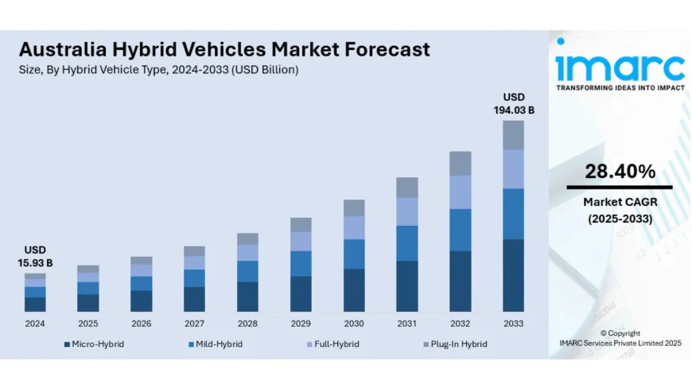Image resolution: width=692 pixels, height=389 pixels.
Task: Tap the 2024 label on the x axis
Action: (x=35, y=324)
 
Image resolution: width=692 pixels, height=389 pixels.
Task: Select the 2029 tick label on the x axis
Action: (x=301, y=324)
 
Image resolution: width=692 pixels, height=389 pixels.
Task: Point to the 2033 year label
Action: (x=514, y=324)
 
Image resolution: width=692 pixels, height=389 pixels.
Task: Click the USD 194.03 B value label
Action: (x=514, y=103)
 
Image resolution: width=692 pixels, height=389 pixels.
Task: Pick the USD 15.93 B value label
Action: (x=35, y=256)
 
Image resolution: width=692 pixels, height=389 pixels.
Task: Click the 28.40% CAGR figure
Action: (x=620, y=171)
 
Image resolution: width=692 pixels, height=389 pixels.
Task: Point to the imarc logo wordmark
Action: (x=620, y=65)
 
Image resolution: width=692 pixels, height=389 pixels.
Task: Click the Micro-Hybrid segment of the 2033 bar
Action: (x=514, y=275)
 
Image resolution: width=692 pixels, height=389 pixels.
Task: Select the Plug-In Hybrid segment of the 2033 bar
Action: (x=514, y=134)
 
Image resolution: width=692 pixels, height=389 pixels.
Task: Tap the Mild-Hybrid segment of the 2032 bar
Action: (x=461, y=230)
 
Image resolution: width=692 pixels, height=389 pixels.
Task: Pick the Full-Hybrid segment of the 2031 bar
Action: (x=407, y=212)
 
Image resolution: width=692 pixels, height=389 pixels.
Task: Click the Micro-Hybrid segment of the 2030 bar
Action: (x=354, y=290)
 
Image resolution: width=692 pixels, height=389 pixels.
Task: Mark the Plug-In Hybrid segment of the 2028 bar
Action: (x=247, y=239)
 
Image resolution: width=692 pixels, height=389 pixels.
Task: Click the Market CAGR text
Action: (x=620, y=202)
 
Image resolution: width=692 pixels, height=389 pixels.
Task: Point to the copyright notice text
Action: (x=620, y=338)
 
